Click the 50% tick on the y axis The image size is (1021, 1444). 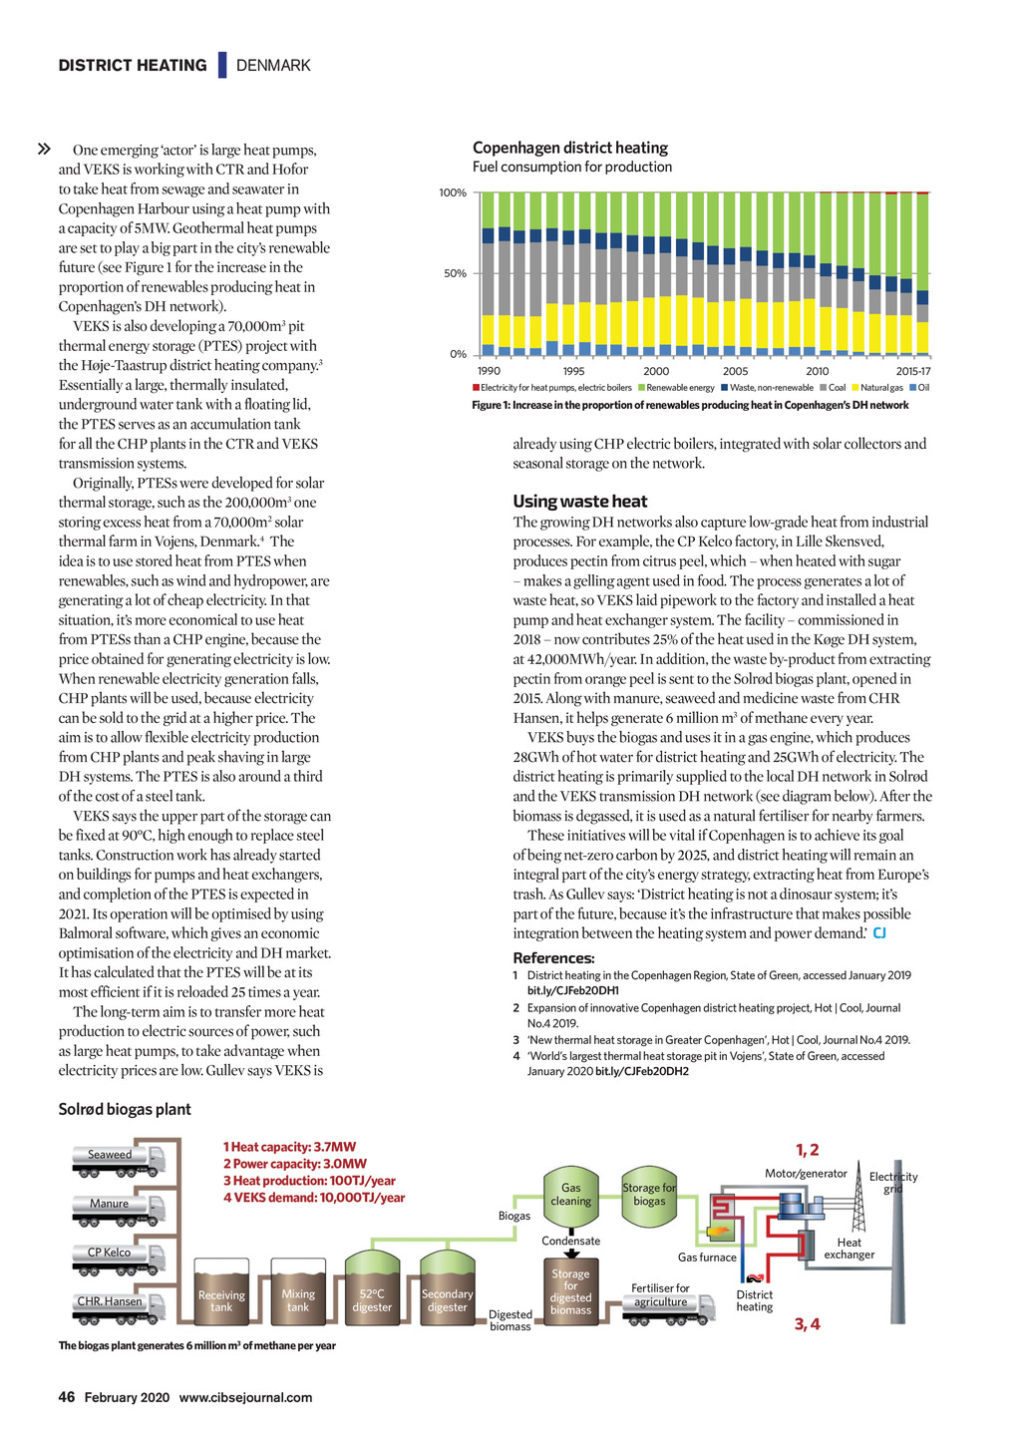[x=455, y=273]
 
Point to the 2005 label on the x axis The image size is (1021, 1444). [x=736, y=371]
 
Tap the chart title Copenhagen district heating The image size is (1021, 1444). [x=570, y=148]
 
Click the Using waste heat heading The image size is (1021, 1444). [x=579, y=502]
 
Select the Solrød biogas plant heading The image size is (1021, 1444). [x=125, y=1109]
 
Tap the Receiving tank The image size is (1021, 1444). [x=221, y=1293]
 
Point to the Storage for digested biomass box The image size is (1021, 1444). [x=570, y=1292]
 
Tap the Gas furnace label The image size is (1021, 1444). [x=707, y=1258]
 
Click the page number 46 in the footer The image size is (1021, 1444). [x=67, y=1397]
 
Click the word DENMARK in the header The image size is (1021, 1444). [x=273, y=66]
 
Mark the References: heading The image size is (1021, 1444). [x=553, y=958]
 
